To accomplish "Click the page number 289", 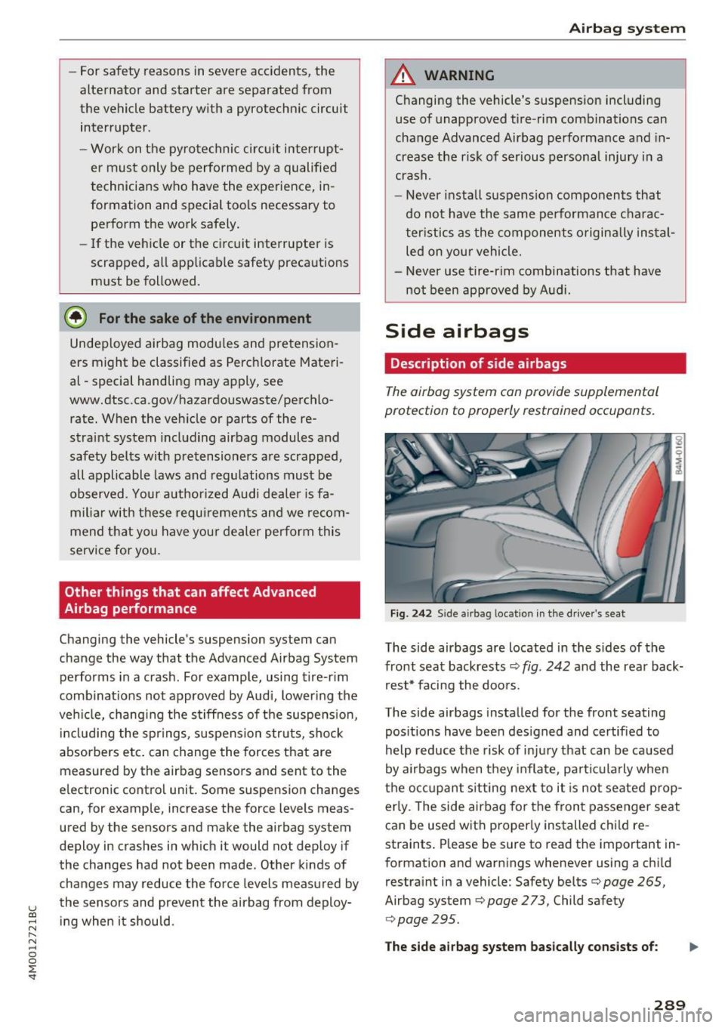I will point(669,1005).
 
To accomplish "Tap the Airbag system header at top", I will point(627,29).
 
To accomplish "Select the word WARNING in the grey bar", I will point(459,76).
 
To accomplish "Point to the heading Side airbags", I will point(457,331).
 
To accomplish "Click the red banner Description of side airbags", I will point(478,363).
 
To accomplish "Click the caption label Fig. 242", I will point(410,613).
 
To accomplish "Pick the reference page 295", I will point(427,919).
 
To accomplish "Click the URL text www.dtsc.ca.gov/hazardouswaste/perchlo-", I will point(202,400).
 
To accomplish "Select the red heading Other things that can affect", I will point(190,592).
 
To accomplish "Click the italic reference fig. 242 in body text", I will point(545,666).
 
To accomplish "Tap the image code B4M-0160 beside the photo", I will point(679,455).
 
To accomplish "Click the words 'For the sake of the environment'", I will point(205,319).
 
